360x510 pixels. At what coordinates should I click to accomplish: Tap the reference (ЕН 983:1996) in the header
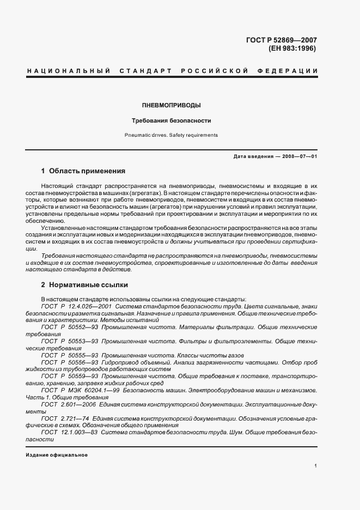pos(292,48)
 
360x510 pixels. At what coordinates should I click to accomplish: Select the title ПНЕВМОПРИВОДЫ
pos(171,105)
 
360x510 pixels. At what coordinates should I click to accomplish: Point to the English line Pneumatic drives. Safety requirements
pos(171,135)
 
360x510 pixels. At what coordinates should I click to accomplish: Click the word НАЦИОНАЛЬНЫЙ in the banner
pos(68,71)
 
